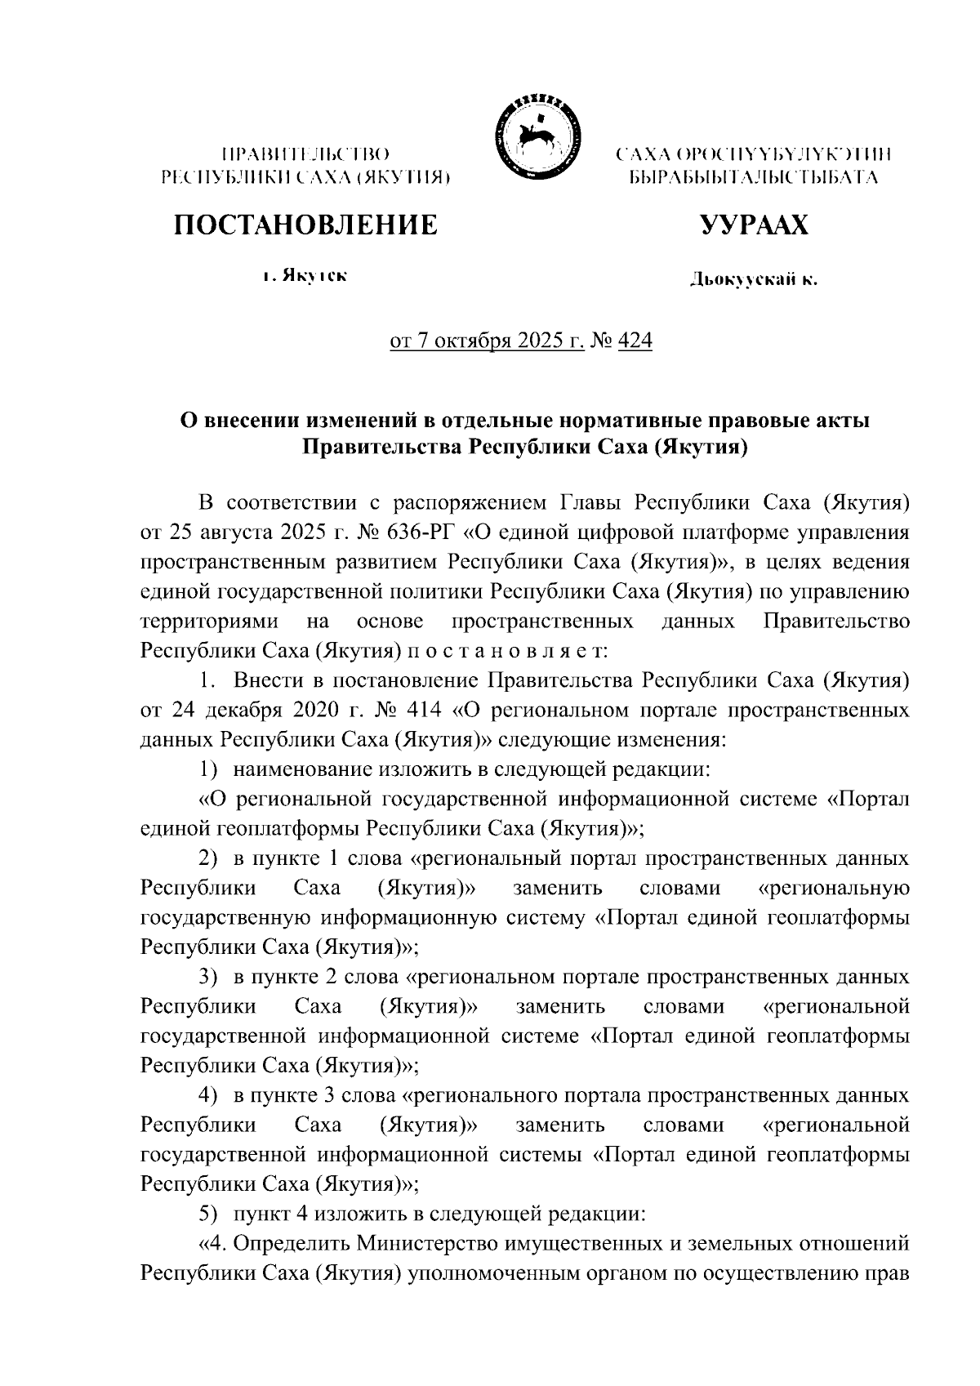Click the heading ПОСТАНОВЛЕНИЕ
305,225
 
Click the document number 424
636,341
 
